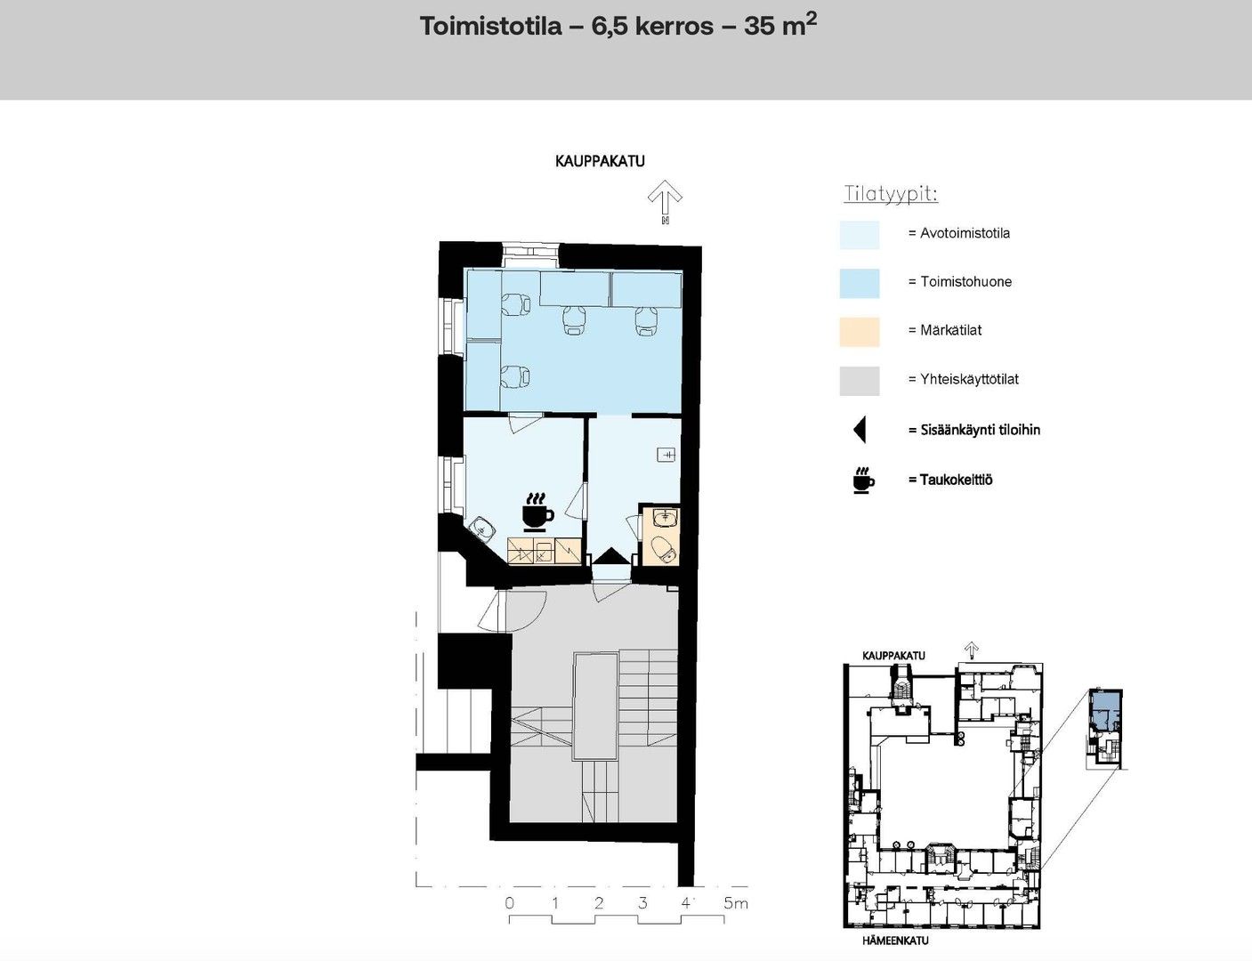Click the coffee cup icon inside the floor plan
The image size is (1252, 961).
coord(538,512)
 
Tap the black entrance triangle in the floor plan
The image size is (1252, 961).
coord(612,556)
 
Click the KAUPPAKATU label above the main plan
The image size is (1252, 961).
coord(600,161)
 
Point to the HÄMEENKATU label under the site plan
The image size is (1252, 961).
coord(895,941)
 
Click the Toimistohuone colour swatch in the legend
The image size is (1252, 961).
coord(859,283)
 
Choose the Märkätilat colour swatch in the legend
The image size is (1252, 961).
coord(859,332)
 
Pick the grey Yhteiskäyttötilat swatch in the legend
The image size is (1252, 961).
coord(859,381)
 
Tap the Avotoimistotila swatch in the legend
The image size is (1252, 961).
coord(859,235)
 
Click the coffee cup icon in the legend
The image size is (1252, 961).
coord(863,480)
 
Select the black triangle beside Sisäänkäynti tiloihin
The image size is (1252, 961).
coord(860,431)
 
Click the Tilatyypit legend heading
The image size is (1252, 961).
coord(891,194)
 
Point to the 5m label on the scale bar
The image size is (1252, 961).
coord(736,903)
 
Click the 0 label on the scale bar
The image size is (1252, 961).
coord(509,903)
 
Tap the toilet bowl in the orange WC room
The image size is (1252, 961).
coord(663,549)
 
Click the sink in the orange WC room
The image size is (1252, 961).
coord(666,517)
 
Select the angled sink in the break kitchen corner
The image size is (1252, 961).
coord(481,529)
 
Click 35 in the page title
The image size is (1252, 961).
coord(758,27)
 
